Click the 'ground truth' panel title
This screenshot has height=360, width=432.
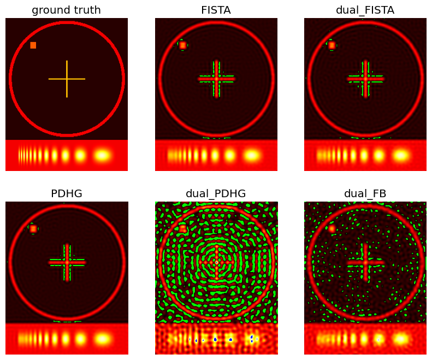[x=66, y=10]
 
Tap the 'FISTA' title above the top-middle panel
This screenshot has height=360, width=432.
[x=216, y=10]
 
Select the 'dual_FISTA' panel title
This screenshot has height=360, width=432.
[x=365, y=10]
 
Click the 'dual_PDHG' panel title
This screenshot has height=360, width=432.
[x=216, y=193]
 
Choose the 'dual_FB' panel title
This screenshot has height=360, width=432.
[x=365, y=193]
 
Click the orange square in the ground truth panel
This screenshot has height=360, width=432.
[x=33, y=45]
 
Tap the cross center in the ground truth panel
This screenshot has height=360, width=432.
[x=67, y=79]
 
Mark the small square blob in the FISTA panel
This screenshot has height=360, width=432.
[x=182, y=45]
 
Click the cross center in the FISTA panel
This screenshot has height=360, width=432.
[x=216, y=79]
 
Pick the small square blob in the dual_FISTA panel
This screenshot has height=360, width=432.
[x=332, y=45]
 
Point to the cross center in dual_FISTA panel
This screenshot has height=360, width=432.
[x=365, y=79]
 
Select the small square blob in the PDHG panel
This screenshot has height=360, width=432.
[x=33, y=228]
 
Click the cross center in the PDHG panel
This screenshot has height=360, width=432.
[x=67, y=262]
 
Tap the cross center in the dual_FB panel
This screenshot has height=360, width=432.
[x=365, y=262]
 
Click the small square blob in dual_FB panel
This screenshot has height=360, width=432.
[x=332, y=229]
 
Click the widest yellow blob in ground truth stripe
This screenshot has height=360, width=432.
[x=102, y=156]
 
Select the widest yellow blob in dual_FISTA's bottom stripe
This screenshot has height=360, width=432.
[x=401, y=156]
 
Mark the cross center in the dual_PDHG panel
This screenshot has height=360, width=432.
[x=216, y=262]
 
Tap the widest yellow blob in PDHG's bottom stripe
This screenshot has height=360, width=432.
[x=102, y=339]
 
